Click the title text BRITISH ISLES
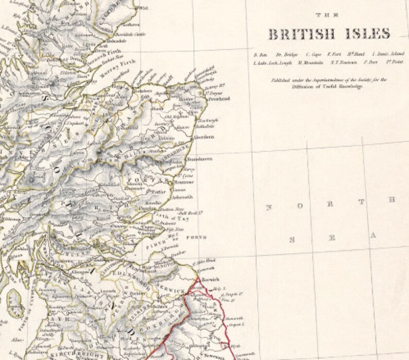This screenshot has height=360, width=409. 329,35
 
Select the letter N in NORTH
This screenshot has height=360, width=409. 268,208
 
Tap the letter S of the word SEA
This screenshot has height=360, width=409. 293,239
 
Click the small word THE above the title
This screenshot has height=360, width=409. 328,15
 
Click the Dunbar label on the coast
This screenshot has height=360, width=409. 182,253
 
